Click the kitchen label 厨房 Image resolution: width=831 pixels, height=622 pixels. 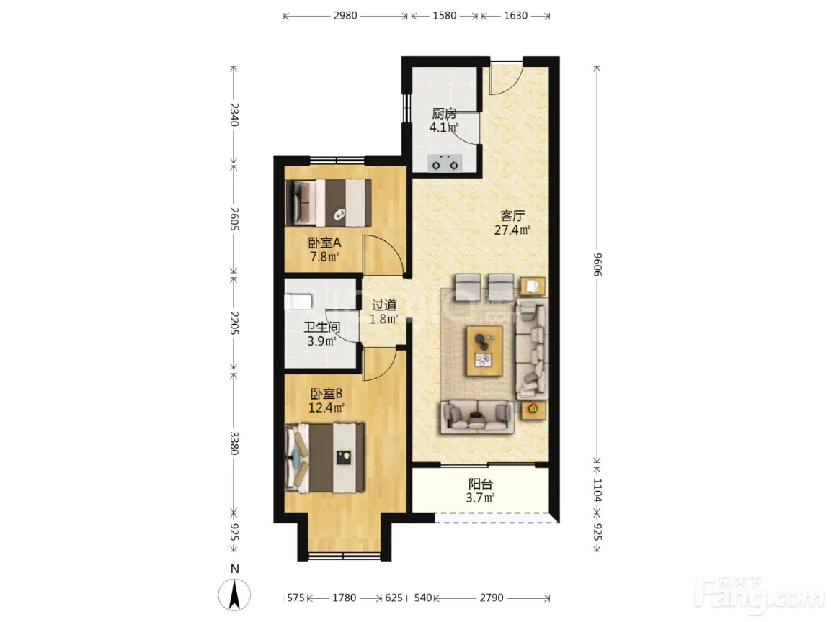(444, 114)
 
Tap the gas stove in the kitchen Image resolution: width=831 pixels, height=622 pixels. (445, 163)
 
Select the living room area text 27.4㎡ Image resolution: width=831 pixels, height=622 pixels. (512, 230)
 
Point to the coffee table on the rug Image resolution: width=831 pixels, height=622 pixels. (484, 351)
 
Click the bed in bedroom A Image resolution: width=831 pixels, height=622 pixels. (327, 203)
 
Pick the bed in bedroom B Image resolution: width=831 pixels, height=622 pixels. (325, 457)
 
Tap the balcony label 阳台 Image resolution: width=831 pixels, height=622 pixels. (480, 484)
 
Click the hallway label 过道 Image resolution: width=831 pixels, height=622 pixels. (383, 305)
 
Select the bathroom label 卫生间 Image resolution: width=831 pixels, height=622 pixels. (321, 328)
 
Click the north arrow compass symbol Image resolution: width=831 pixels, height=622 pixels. (234, 594)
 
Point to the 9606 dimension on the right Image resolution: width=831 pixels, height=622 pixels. (597, 264)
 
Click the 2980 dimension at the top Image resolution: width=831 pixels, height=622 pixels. (345, 16)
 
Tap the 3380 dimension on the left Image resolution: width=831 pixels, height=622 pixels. (234, 443)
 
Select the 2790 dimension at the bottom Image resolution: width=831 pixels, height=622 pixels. (492, 598)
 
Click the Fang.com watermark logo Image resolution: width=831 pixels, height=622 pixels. (760, 593)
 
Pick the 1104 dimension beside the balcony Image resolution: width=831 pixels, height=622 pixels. (597, 490)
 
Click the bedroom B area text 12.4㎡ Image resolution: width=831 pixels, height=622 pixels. (326, 407)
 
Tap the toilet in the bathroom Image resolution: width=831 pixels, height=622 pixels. (298, 302)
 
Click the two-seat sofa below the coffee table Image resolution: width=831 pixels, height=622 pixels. (478, 417)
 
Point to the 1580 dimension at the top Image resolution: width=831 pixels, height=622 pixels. (444, 16)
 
